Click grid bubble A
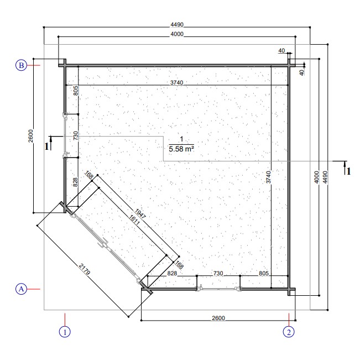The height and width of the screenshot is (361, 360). pyautogui.click(x=21, y=289)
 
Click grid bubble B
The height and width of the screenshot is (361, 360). pyautogui.click(x=21, y=65)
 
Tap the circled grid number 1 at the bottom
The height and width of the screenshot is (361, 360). pyautogui.click(x=65, y=332)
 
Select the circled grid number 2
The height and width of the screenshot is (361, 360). pyautogui.click(x=289, y=332)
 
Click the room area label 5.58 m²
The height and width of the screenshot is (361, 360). pyautogui.click(x=181, y=149)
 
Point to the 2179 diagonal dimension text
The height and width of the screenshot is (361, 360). pyautogui.click(x=84, y=269)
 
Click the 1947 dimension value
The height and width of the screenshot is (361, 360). pyautogui.click(x=140, y=214)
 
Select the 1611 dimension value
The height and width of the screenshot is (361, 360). pyautogui.click(x=134, y=220)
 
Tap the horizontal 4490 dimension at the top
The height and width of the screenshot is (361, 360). pyautogui.click(x=177, y=24)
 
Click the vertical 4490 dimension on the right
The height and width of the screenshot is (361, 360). pyautogui.click(x=325, y=177)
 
